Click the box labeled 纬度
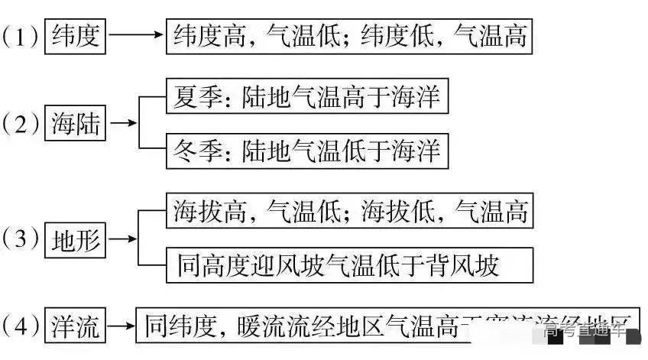(x=76, y=35)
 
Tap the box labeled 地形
(x=76, y=240)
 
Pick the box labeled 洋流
(x=76, y=328)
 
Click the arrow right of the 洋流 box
(x=121, y=328)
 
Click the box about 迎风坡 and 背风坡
(x=337, y=265)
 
